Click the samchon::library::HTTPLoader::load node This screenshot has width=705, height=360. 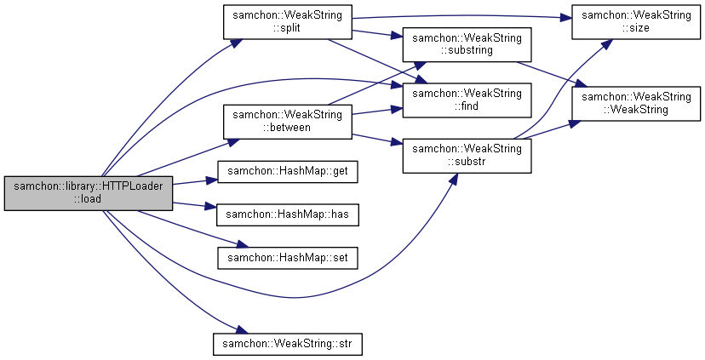click(x=89, y=194)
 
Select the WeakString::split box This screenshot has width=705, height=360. click(x=287, y=21)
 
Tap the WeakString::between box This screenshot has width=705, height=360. click(x=287, y=120)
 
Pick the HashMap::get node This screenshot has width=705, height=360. click(x=287, y=172)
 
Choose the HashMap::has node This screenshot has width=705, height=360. click(x=287, y=214)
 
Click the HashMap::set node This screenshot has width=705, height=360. click(x=287, y=256)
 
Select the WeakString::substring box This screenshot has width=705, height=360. click(x=467, y=43)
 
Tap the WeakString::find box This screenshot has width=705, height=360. click(x=467, y=99)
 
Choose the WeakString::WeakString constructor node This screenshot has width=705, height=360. click(x=635, y=103)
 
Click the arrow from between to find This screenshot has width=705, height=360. click(x=375, y=111)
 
